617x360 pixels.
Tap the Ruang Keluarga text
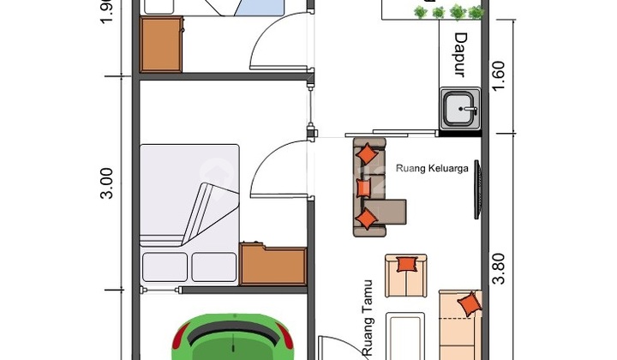432,168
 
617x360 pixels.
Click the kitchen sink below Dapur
462,110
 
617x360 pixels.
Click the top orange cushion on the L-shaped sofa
367,154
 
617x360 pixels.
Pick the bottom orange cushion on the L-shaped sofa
367,219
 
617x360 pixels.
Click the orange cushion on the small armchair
406,264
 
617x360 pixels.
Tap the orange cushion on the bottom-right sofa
469,304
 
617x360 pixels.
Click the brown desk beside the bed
273,265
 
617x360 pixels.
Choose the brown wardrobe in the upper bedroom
161,45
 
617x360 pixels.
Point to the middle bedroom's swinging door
279,168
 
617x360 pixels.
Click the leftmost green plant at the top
420,12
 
